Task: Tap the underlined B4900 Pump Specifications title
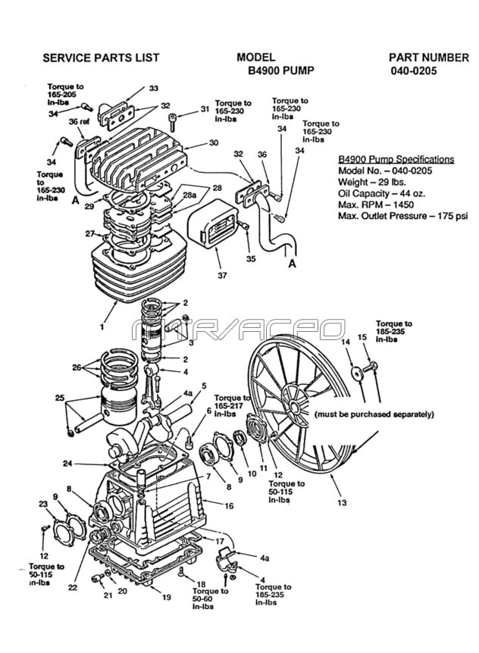click(x=396, y=160)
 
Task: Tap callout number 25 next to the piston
click(x=58, y=398)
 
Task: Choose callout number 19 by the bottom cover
click(x=166, y=597)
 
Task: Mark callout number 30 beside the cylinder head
click(x=214, y=142)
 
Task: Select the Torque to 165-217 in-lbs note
click(x=233, y=406)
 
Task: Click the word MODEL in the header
click(x=255, y=58)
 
